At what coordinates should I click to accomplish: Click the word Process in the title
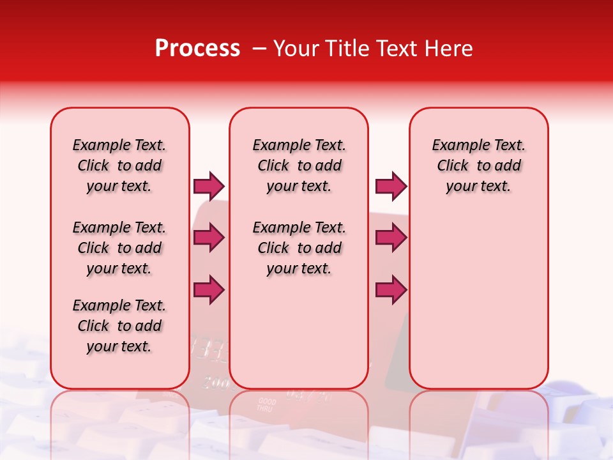(x=197, y=49)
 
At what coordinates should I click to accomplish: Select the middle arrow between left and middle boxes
(x=209, y=238)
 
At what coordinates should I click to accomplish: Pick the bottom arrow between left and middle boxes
(x=209, y=289)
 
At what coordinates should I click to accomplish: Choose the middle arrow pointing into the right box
(x=391, y=238)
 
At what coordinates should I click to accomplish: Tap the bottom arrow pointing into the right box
(x=391, y=289)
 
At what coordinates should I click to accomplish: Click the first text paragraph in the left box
(x=119, y=165)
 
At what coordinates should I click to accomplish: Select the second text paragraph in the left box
(x=119, y=248)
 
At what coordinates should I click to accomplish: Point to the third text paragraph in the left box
(x=119, y=326)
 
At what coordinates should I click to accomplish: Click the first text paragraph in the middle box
(x=299, y=165)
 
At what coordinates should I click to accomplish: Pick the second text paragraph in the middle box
(x=299, y=248)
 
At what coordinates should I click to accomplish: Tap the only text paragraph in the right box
(x=478, y=165)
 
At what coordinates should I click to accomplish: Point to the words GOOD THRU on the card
(x=266, y=405)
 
